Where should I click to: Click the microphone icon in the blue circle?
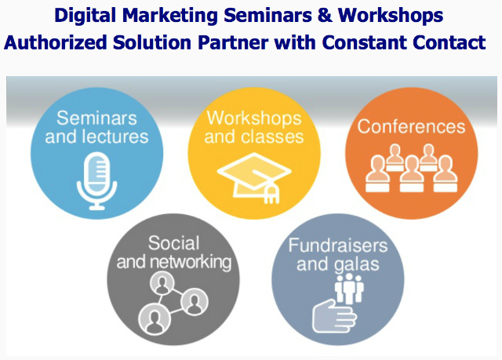coord(96,181)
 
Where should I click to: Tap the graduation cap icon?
coord(254,178)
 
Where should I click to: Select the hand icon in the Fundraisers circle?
coord(334,317)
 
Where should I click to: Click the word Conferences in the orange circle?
coord(411,126)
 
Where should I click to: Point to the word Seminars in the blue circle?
coord(96,118)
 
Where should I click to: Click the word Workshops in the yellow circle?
coord(254,118)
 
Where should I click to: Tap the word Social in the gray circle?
coord(173,243)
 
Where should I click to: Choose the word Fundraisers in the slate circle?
coord(338,245)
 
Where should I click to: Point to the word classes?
coord(272,136)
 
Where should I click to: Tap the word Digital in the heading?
coord(85,16)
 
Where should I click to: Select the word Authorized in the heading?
coord(56,43)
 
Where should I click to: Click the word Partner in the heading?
coord(233,43)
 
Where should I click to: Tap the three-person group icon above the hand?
coord(349,289)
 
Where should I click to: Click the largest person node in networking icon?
coord(155,319)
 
